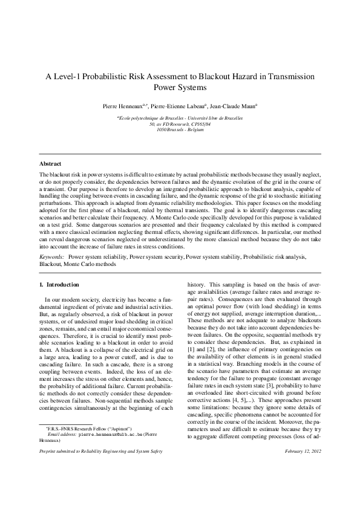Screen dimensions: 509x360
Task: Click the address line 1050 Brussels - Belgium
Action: tap(180, 129)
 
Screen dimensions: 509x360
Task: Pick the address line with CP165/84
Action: tap(180, 123)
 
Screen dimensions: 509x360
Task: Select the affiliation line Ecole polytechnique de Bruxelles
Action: tap(180, 117)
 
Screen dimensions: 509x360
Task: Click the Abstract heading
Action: tap(50, 164)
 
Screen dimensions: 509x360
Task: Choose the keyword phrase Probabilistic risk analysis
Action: tap(272, 257)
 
